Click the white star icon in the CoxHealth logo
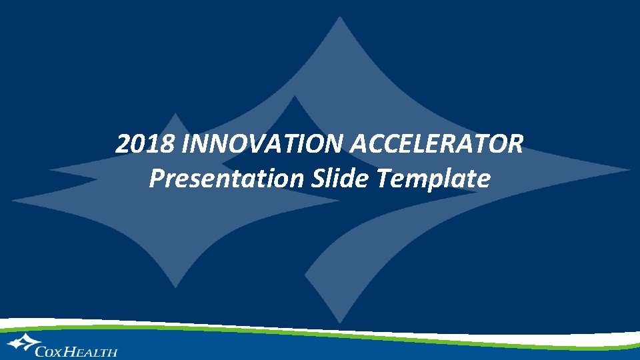tap(21, 343)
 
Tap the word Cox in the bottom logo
tap(51, 351)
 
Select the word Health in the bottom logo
tap(92, 351)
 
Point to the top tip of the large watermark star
tap(341, 18)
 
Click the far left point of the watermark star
tap(13, 199)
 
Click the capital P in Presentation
tap(157, 178)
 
